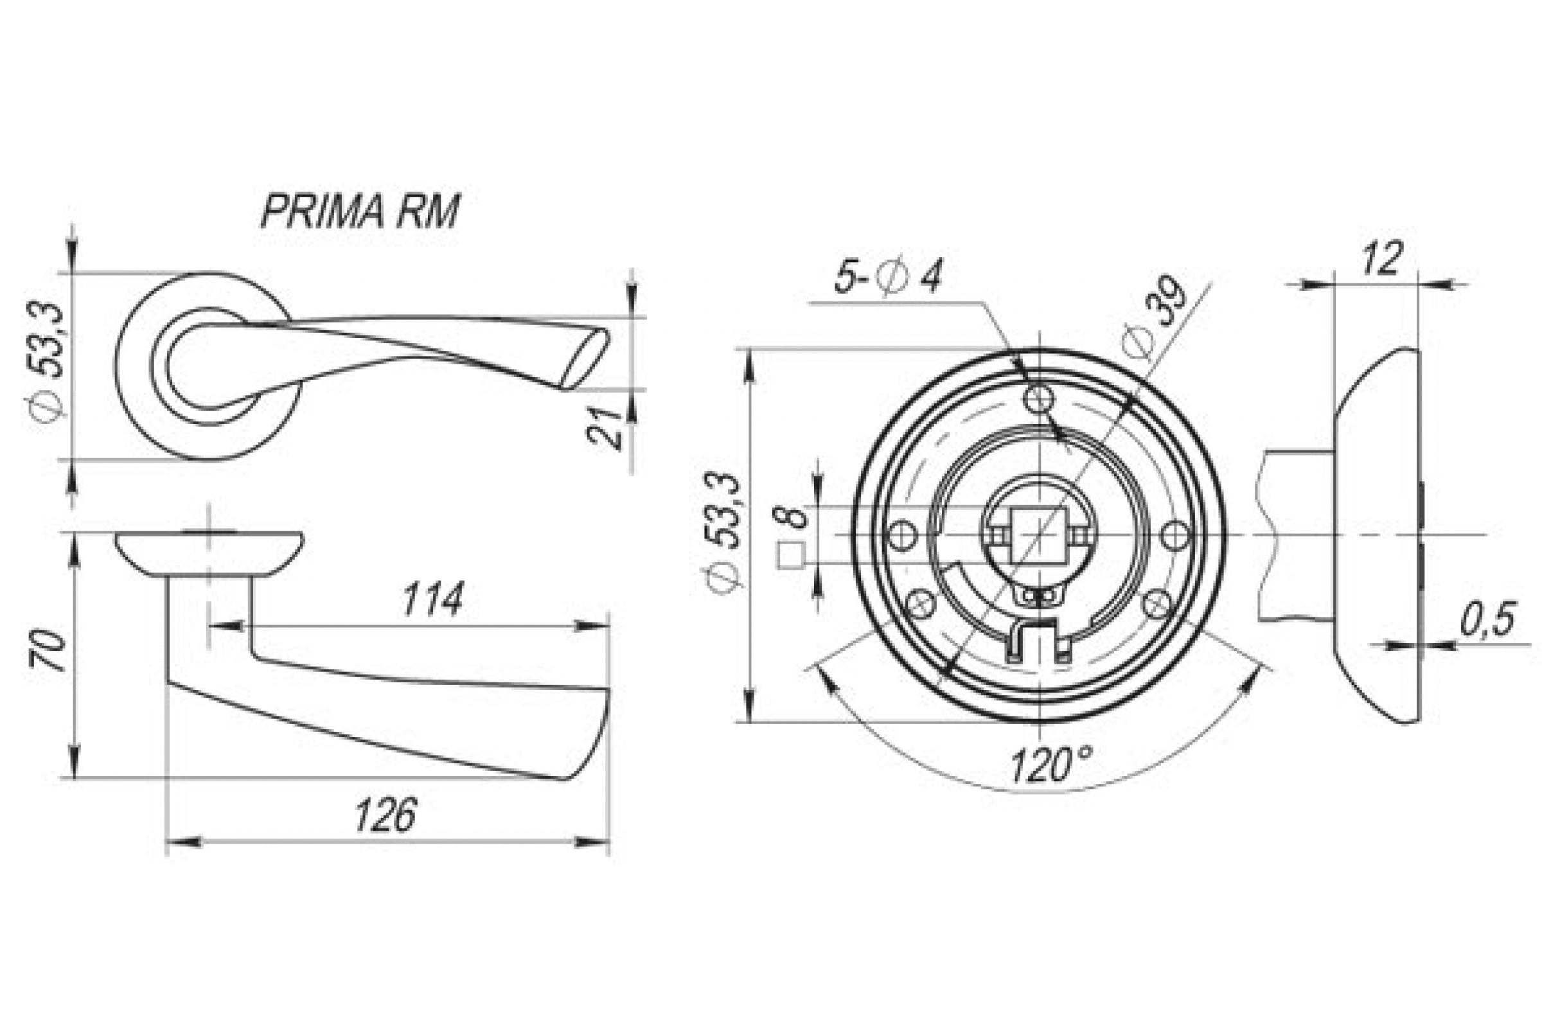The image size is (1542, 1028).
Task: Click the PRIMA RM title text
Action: pos(360,211)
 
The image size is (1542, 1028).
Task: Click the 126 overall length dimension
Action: pos(385,815)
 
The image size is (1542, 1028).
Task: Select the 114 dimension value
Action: pos(432,599)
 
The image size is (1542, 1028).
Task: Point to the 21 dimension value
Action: pos(606,427)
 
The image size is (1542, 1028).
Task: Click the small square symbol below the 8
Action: pos(791,556)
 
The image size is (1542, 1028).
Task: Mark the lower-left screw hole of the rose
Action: pos(923,604)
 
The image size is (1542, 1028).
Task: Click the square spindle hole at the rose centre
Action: pos(1040,535)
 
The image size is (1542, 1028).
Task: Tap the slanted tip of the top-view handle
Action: pos(585,358)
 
